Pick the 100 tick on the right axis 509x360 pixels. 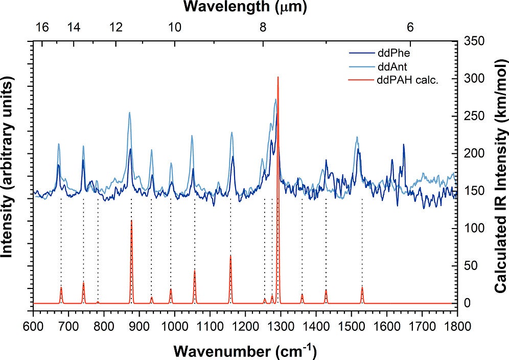pos(474,228)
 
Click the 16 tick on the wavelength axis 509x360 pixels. pos(42,28)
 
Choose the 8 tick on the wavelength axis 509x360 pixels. pos(263,28)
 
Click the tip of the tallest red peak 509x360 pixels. pos(277,77)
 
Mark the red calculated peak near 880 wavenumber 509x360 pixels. pos(131,221)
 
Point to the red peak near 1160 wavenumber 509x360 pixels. pos(230,256)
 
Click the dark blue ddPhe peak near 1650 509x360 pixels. pos(403,145)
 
